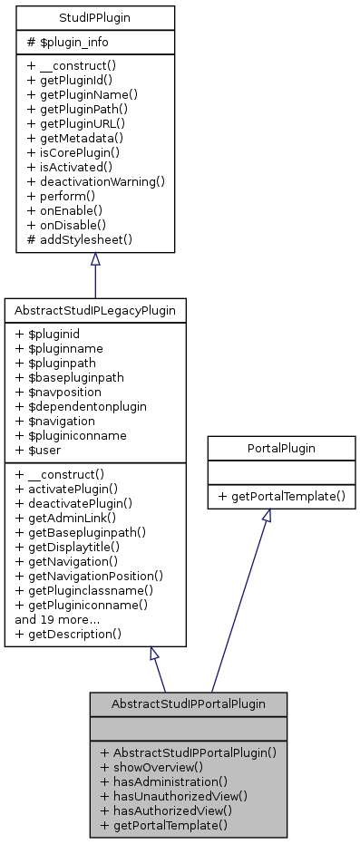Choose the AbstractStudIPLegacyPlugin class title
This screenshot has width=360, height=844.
(x=95, y=310)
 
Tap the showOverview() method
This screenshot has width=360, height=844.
(x=152, y=766)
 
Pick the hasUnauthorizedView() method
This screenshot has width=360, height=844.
(x=174, y=795)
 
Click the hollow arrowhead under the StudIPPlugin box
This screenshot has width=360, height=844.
(x=95, y=258)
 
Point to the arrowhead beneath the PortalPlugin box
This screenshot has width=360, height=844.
(x=267, y=515)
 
